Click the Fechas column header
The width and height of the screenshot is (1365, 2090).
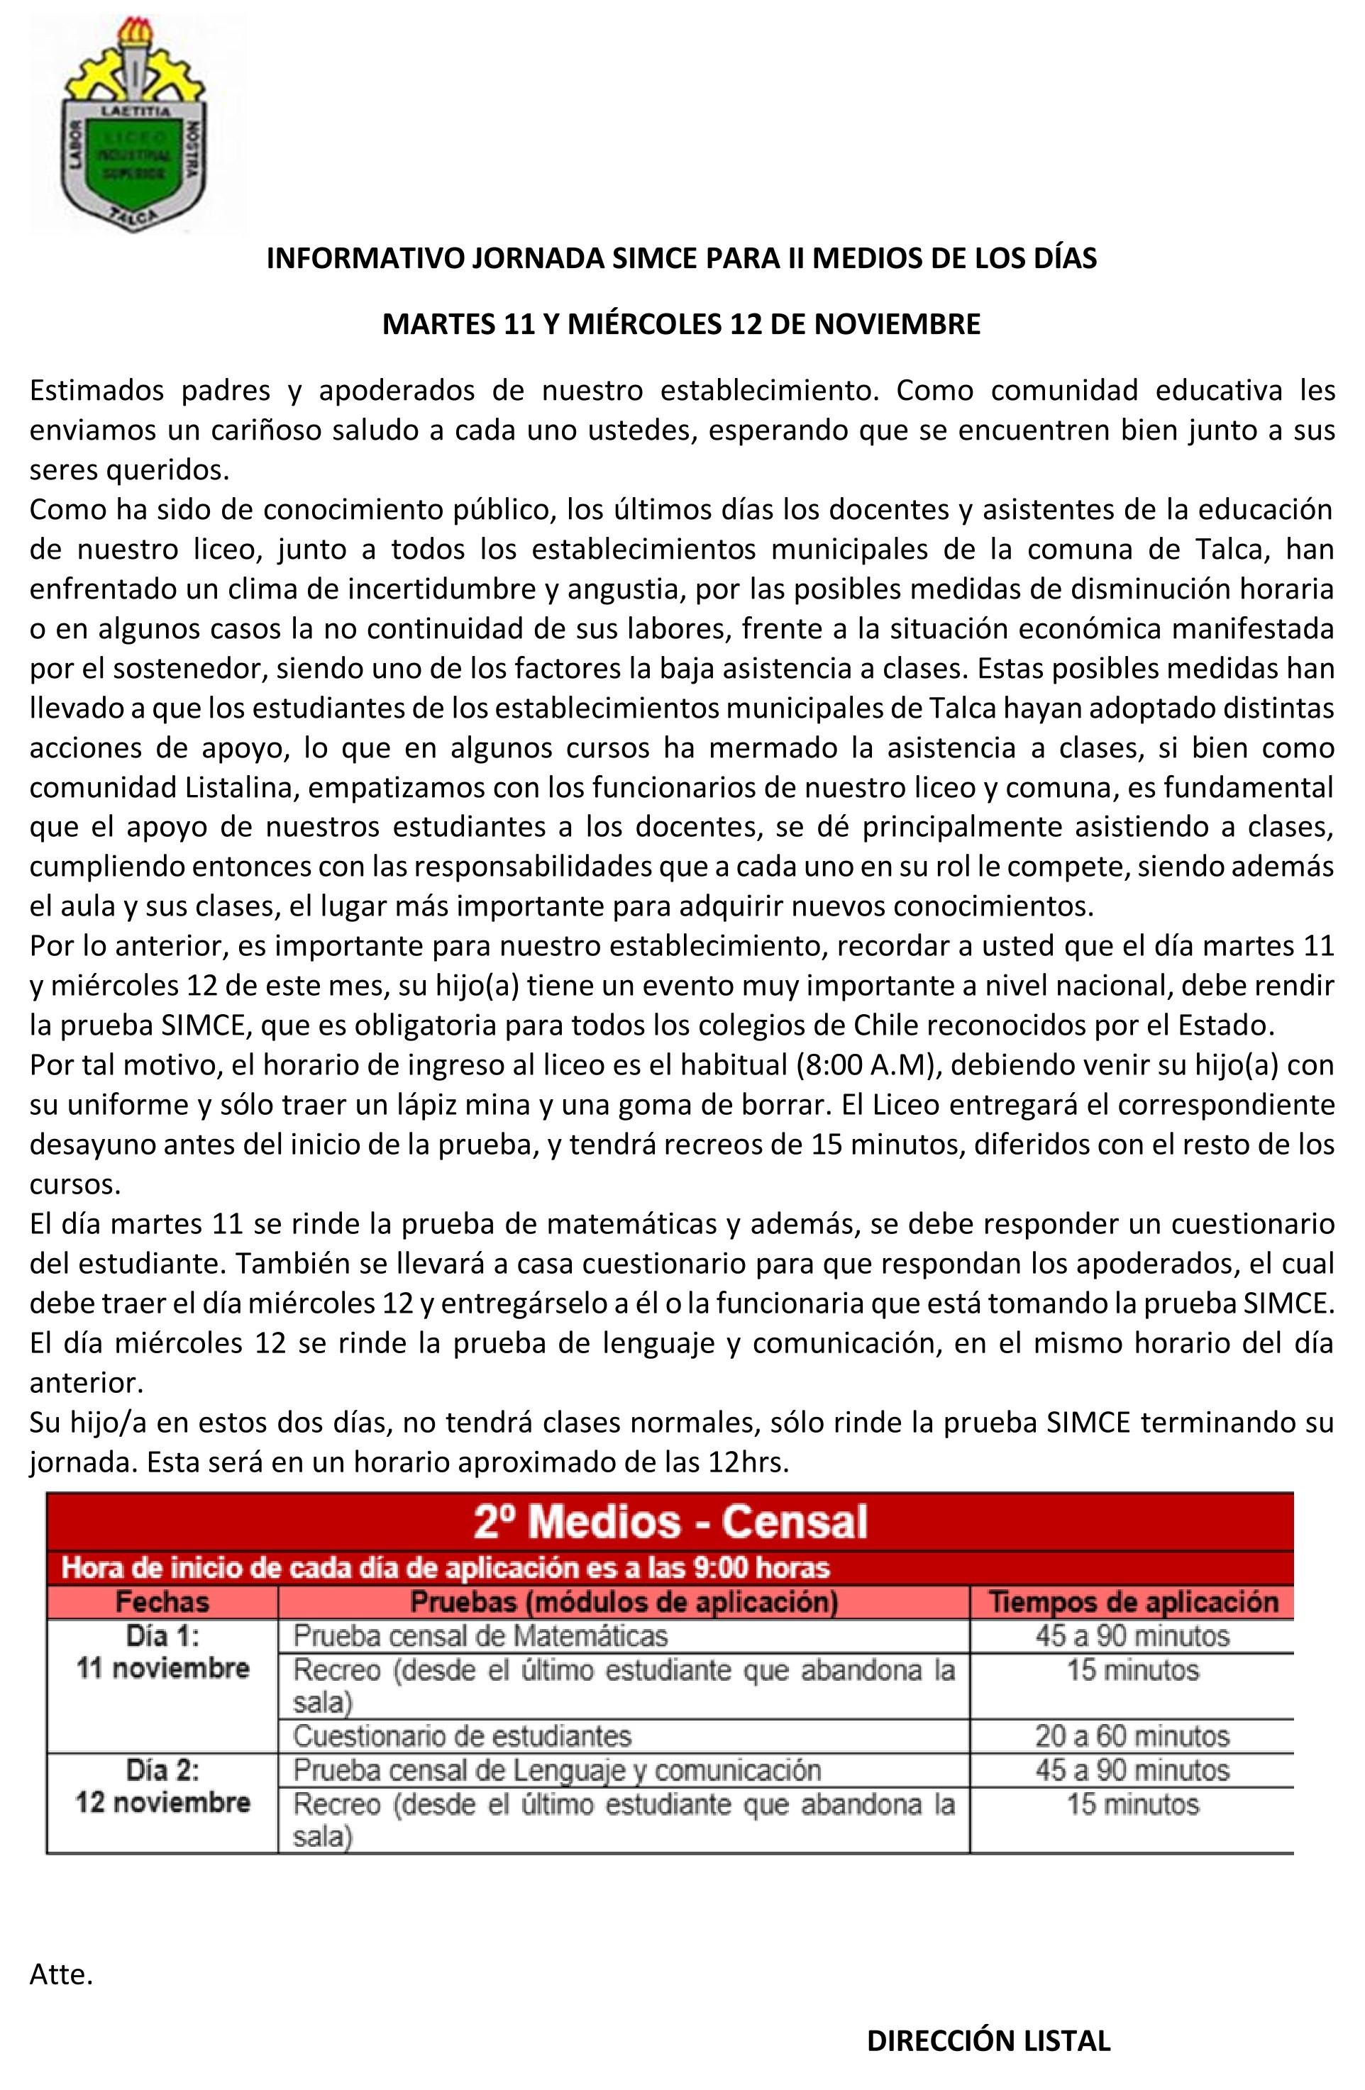point(162,1602)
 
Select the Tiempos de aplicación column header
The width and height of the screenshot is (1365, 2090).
point(1133,1602)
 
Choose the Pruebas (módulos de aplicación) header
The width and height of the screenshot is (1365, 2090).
point(624,1602)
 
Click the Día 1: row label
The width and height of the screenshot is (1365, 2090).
point(162,1635)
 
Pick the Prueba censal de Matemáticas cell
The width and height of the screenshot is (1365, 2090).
point(480,1636)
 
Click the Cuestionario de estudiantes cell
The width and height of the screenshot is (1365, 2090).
point(462,1736)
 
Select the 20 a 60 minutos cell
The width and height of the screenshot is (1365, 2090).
point(1132,1736)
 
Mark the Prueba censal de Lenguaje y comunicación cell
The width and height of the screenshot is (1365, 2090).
point(557,1769)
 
